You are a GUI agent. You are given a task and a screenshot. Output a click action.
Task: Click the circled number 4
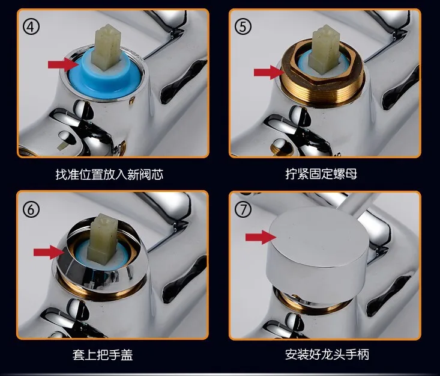tap(31, 27)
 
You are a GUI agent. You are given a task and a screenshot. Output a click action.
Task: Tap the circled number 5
tap(243, 27)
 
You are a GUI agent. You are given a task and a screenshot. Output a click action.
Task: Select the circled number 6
tap(31, 209)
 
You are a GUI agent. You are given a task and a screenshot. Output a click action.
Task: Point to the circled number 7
tap(243, 209)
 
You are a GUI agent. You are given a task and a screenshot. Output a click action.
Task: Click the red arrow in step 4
tap(63, 65)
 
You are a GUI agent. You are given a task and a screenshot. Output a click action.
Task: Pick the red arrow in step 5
tap(269, 72)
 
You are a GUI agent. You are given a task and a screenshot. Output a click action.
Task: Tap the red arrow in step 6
tap(49, 252)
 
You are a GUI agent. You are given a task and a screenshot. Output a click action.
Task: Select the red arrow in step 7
tap(261, 238)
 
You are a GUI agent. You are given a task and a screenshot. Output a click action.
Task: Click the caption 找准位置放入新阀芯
tap(109, 174)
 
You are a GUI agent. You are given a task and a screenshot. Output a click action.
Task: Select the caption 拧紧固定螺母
tap(321, 174)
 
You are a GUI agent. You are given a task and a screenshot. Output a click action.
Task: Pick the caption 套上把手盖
tap(103, 354)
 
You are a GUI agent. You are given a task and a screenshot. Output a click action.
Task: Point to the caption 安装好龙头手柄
tap(327, 354)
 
